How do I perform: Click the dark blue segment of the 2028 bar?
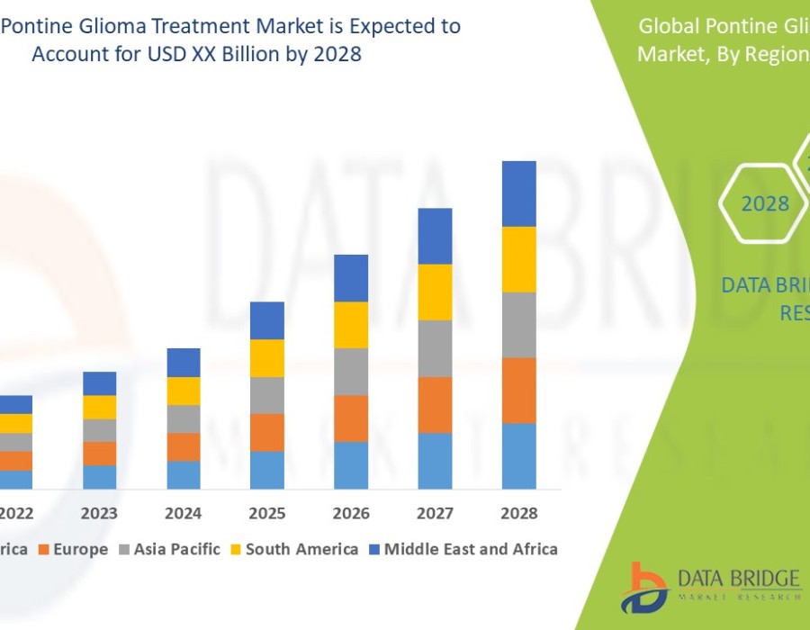(519, 193)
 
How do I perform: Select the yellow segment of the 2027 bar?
(435, 292)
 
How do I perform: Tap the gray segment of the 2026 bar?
(351, 372)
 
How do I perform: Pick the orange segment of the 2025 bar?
(267, 432)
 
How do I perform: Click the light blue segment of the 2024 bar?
(184, 474)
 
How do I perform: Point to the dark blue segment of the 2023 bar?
(100, 383)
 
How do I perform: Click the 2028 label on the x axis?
(519, 514)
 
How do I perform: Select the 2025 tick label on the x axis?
(267, 514)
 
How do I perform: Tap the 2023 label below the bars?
(100, 514)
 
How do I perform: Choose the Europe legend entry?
(80, 549)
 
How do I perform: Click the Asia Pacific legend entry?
(176, 549)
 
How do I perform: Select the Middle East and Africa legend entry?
(471, 549)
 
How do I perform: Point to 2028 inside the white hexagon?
(765, 204)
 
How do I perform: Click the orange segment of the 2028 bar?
(519, 391)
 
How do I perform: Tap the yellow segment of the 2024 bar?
(184, 391)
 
